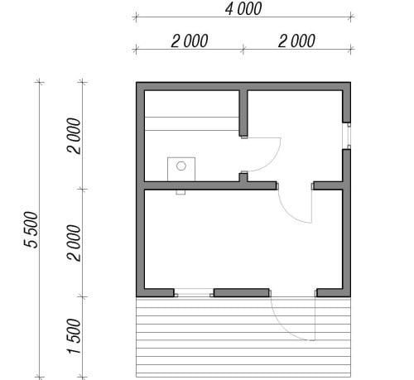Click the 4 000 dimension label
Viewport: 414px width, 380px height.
click(x=243, y=9)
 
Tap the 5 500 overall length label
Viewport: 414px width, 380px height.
click(x=31, y=229)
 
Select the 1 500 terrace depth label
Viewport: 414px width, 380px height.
click(x=74, y=336)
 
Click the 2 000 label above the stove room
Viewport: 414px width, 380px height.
click(x=190, y=41)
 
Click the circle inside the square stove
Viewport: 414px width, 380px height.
click(x=181, y=166)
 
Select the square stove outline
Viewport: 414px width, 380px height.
click(x=181, y=157)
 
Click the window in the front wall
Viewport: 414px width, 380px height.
click(x=194, y=293)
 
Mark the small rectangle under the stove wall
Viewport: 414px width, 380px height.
click(x=181, y=192)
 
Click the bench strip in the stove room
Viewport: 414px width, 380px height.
click(x=192, y=123)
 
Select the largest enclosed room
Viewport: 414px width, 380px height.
click(x=243, y=239)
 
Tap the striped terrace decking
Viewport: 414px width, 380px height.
click(x=243, y=337)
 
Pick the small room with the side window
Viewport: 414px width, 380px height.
click(x=295, y=136)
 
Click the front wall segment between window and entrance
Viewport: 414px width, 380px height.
click(x=242, y=293)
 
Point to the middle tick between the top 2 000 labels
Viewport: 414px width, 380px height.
click(x=243, y=50)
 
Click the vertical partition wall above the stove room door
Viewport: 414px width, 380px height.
click(x=243, y=113)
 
